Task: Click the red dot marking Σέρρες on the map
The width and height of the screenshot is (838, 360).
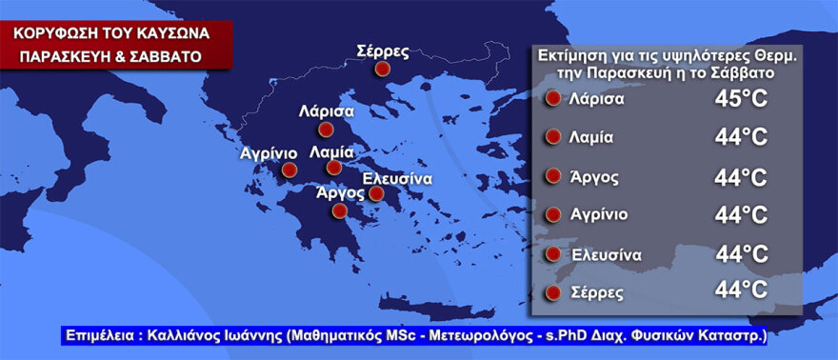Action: click(382, 69)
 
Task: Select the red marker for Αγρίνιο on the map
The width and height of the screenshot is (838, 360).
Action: click(289, 171)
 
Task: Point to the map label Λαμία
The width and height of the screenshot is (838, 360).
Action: click(332, 151)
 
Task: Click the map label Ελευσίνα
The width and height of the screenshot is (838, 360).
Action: click(399, 178)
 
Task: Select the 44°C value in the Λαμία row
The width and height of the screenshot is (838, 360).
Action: click(741, 138)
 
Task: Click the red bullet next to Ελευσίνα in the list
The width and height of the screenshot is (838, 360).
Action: click(551, 254)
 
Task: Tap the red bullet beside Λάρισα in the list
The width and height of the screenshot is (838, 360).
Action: click(551, 99)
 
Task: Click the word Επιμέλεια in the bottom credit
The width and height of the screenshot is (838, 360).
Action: click(97, 336)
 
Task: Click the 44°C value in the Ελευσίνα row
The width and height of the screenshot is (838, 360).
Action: click(741, 254)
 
